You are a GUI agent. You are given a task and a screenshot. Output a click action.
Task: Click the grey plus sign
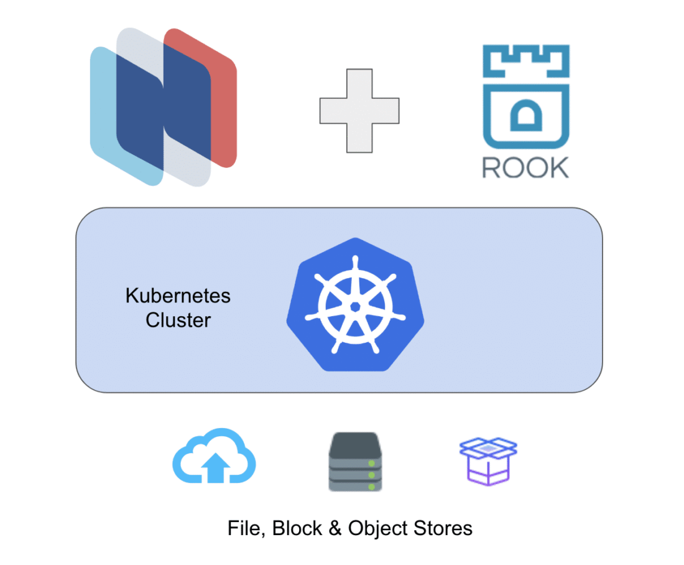(359, 111)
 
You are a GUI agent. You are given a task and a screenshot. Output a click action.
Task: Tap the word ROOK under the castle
(525, 167)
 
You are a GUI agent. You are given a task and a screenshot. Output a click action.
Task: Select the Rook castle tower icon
(526, 96)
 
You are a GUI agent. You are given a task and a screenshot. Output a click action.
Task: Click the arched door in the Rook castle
(526, 115)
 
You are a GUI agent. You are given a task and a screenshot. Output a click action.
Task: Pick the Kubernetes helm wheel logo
(355, 305)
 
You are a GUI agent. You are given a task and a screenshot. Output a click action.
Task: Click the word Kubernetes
(178, 296)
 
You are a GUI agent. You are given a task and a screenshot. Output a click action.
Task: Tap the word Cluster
(178, 320)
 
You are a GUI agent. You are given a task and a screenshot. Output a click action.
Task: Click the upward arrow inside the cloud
(216, 468)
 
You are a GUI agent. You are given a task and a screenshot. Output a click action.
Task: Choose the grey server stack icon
(355, 462)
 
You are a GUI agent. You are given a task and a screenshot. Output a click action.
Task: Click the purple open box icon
(488, 462)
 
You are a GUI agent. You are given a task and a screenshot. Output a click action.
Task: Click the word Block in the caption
(297, 528)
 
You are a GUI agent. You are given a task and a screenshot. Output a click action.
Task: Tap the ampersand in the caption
(335, 528)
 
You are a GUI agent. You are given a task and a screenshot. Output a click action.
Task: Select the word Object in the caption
(377, 529)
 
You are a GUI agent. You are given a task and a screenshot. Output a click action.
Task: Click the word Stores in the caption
(443, 528)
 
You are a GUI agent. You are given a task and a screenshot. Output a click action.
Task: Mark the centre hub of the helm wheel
(355, 307)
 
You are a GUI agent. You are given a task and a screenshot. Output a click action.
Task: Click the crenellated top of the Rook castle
(526, 61)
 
